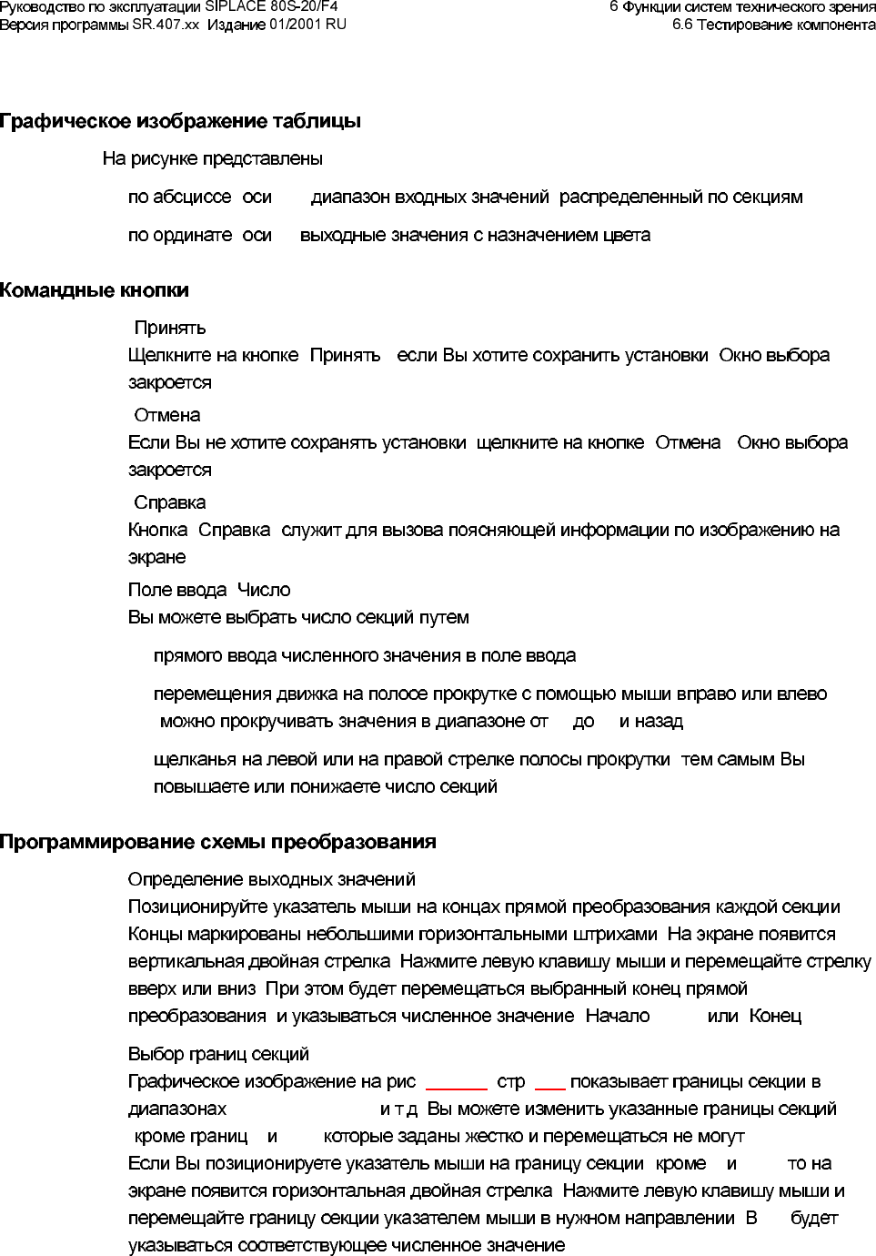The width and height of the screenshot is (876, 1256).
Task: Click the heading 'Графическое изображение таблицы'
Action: [180, 121]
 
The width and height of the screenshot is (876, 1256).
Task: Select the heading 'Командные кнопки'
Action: [95, 290]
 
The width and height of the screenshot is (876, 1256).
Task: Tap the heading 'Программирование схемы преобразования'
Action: [217, 842]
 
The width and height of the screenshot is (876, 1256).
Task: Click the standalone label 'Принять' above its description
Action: [170, 328]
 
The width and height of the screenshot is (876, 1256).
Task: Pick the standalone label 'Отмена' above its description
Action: [167, 415]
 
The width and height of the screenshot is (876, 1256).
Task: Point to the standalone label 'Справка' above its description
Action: [170, 502]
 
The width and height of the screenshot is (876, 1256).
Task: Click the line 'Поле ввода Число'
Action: [209, 590]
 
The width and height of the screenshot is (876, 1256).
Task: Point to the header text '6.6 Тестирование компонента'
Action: [773, 24]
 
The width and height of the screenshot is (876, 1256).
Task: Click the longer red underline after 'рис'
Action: [457, 1088]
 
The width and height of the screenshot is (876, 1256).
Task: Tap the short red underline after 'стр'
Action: [550, 1088]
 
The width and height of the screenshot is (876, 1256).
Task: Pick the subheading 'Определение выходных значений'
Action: [272, 879]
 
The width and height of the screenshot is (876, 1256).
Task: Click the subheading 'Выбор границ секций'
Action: [218, 1054]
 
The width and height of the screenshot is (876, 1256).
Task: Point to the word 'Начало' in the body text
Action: [618, 1016]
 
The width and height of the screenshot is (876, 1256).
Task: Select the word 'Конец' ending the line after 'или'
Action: [775, 1016]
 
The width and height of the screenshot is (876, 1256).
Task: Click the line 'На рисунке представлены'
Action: [212, 158]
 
